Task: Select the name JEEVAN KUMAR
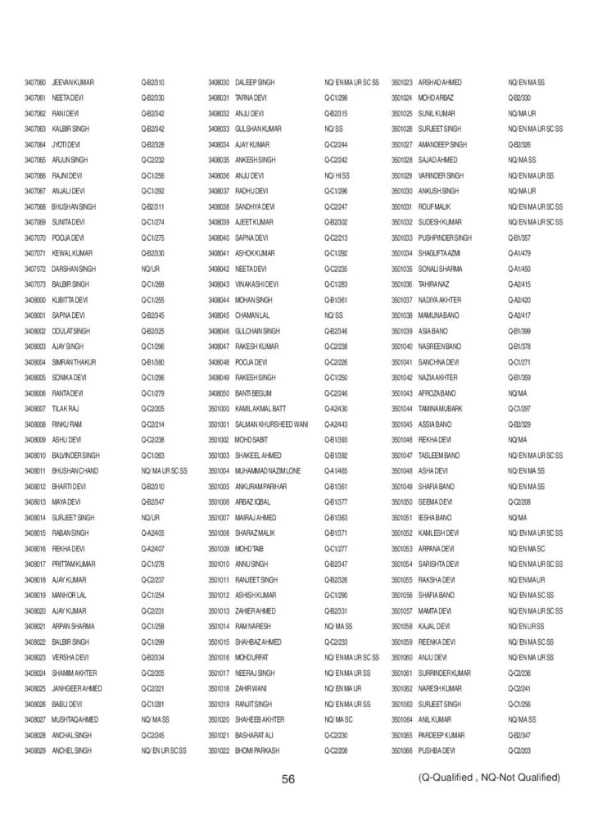pos(73,83)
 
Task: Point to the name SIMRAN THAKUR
pos(75,361)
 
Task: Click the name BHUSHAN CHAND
pos(75,470)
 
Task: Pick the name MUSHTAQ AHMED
pos(75,719)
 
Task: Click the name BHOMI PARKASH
pos(257,750)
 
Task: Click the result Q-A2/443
pos(336,424)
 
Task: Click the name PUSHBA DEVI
pos(438,750)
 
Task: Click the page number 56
pos(287,779)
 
